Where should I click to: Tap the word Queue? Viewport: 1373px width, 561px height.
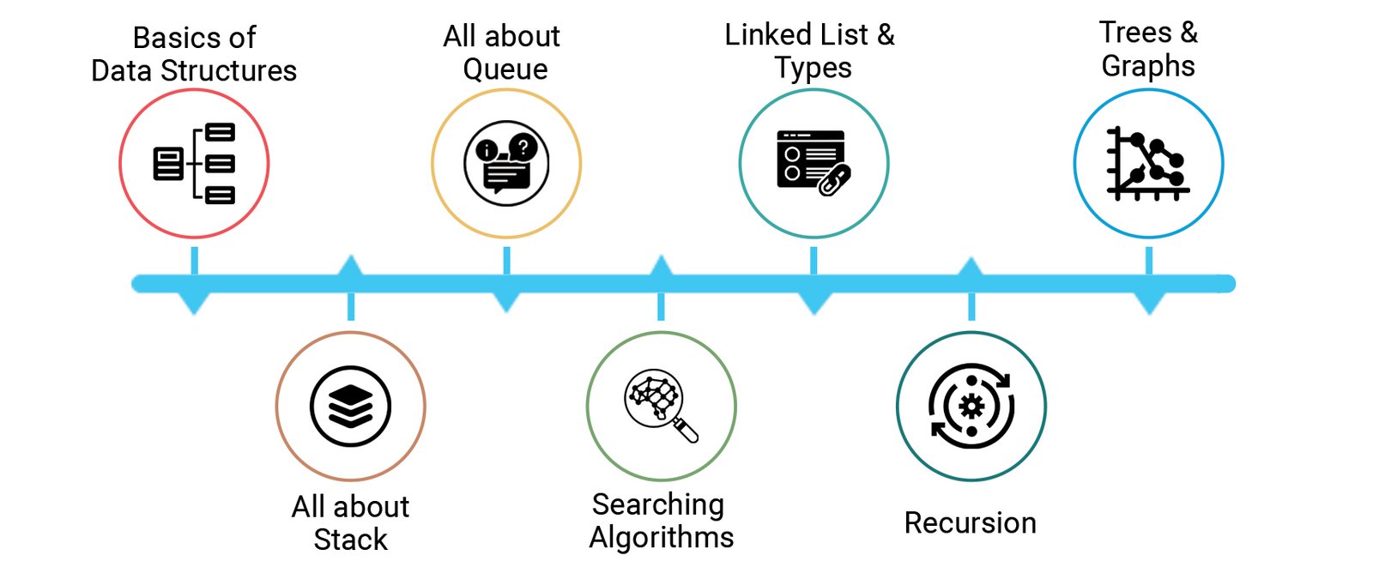(505, 69)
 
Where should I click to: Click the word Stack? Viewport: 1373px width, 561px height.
(350, 540)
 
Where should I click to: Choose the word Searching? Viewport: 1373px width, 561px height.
(658, 504)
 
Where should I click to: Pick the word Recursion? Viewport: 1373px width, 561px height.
(970, 522)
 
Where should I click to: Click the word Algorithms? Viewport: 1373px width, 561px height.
(662, 537)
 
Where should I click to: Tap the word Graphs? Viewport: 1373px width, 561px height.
(1148, 66)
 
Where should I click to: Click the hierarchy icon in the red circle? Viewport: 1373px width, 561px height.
(194, 163)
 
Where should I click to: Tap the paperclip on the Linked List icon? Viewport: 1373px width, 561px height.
(833, 180)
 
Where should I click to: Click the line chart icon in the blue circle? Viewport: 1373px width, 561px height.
(1148, 163)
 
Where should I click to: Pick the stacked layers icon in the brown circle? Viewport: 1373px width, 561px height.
(350, 406)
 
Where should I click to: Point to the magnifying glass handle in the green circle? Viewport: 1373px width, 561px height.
(686, 430)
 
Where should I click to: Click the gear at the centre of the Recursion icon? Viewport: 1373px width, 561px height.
(971, 406)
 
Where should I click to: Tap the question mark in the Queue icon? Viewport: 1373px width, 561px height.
(523, 147)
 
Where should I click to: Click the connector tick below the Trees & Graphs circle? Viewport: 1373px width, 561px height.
(1148, 261)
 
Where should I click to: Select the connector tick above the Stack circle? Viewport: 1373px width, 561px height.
(350, 306)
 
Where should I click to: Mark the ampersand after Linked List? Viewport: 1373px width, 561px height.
(886, 35)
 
